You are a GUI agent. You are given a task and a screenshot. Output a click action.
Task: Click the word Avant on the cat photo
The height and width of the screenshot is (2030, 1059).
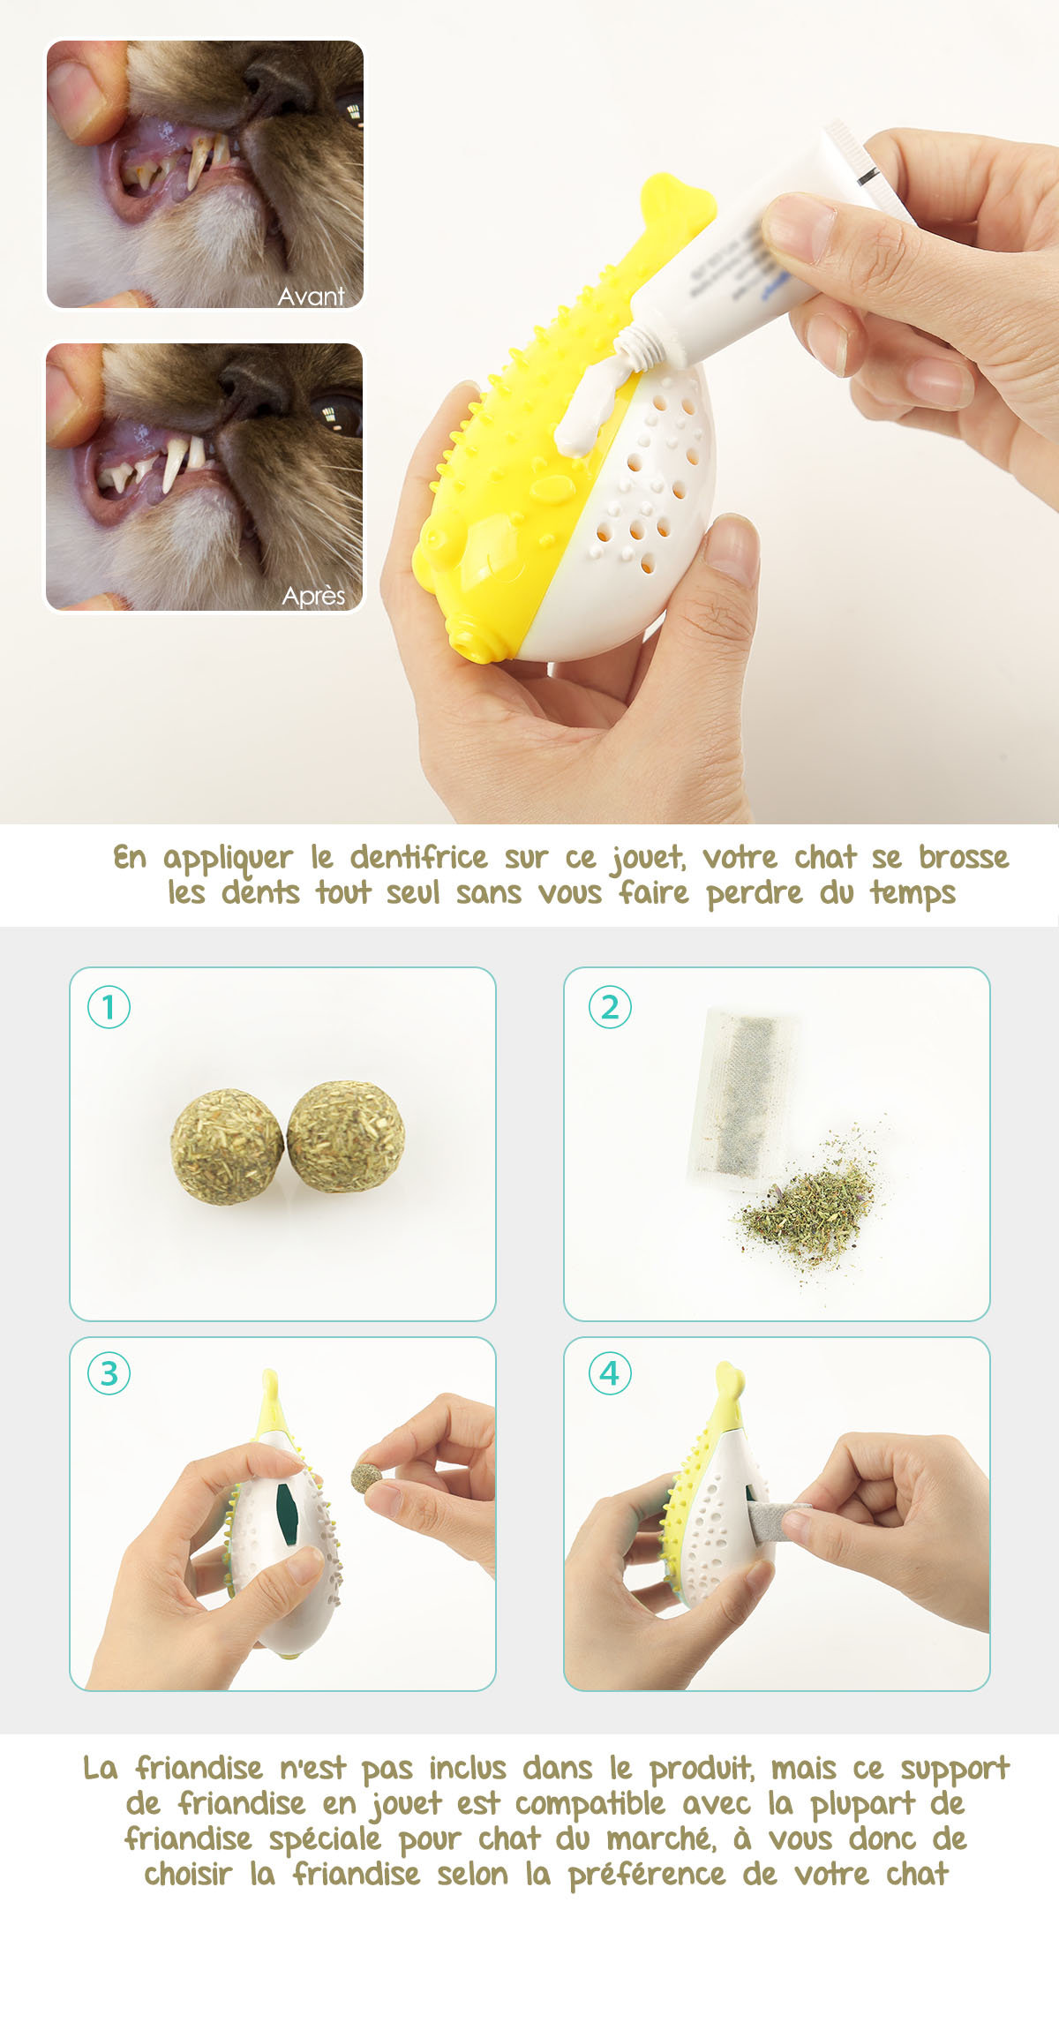[x=311, y=296]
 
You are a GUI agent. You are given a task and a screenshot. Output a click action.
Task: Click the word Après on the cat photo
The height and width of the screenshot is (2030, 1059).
[x=313, y=597]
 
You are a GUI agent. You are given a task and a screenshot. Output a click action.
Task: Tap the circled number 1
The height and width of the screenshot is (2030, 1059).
[x=109, y=1007]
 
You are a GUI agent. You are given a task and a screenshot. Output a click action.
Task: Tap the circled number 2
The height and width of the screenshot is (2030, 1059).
[x=610, y=1007]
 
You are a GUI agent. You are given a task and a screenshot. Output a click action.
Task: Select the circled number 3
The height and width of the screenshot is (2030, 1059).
[x=109, y=1373]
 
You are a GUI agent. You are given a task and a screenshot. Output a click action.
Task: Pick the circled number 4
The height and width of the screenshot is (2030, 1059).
[x=610, y=1373]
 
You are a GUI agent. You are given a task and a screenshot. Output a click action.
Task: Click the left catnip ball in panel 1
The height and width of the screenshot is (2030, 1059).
[x=227, y=1147]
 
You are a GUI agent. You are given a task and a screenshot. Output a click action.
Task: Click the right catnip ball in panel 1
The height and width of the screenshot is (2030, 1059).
[x=345, y=1136]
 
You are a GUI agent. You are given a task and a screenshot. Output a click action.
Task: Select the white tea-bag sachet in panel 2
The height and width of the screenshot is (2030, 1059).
[x=744, y=1100]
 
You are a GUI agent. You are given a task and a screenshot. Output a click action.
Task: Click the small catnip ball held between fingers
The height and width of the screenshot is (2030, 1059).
[x=366, y=1477]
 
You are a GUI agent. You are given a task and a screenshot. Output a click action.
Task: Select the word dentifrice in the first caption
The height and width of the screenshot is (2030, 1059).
[x=418, y=857]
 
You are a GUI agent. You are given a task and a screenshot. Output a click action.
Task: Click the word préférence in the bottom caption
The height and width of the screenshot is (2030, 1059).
[x=647, y=1874]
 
